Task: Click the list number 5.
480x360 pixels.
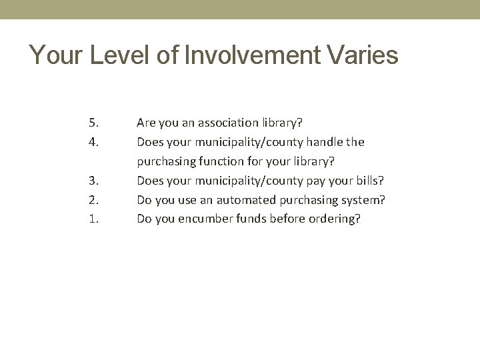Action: coord(93,123)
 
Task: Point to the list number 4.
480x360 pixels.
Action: coord(93,142)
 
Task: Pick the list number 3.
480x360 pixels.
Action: coord(93,180)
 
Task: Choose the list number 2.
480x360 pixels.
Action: coord(93,199)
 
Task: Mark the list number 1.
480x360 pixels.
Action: coord(93,218)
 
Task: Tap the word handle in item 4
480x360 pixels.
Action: coord(325,142)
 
